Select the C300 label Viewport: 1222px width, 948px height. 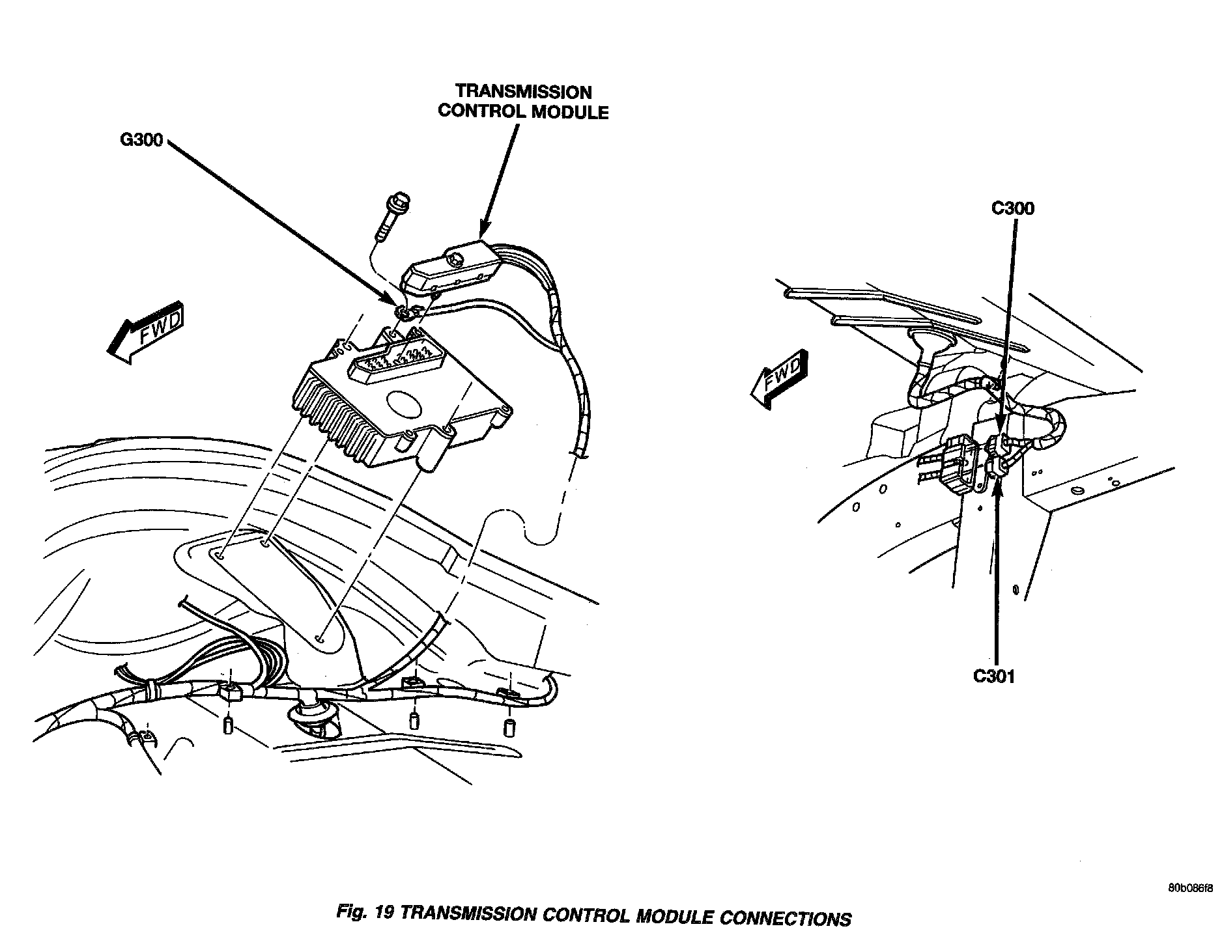[x=1013, y=208]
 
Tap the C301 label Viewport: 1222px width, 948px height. [x=994, y=676]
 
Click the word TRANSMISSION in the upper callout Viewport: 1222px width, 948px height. [x=523, y=91]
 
